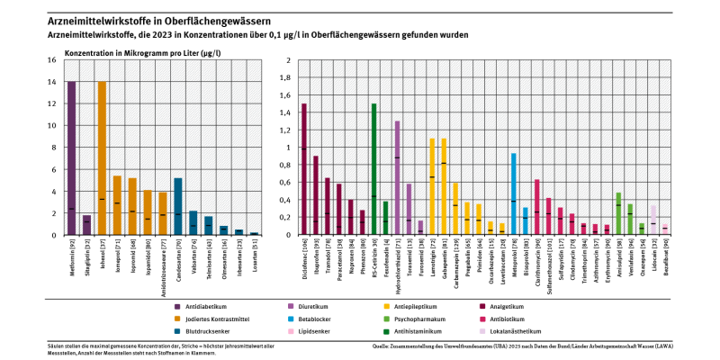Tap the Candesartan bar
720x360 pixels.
coord(178,206)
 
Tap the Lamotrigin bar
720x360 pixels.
coord(432,186)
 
